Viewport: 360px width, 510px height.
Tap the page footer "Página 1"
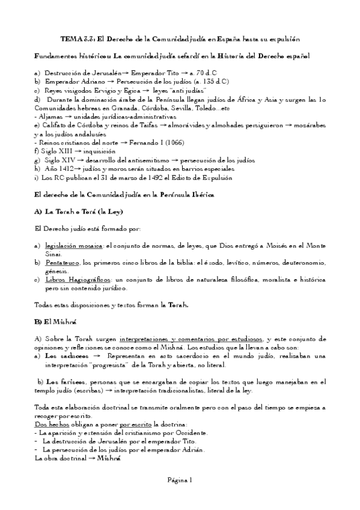point(180,480)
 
